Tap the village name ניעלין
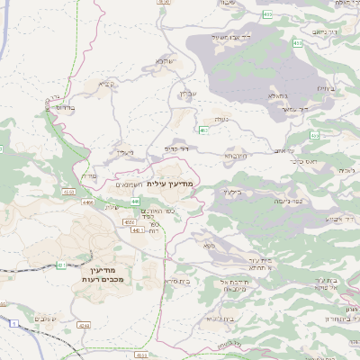(x=124, y=152)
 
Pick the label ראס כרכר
(x=308, y=162)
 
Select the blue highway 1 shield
(x=14, y=321)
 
